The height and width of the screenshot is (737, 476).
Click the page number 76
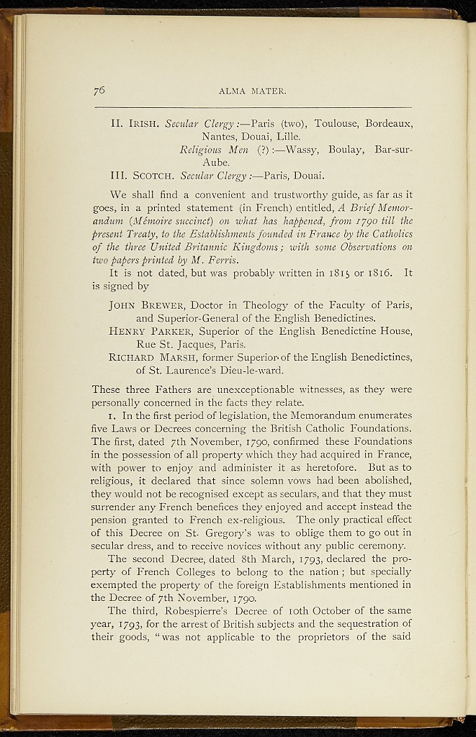click(x=99, y=90)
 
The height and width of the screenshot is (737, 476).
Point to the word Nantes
click(x=219, y=136)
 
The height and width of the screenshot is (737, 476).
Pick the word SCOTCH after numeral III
click(x=151, y=176)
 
